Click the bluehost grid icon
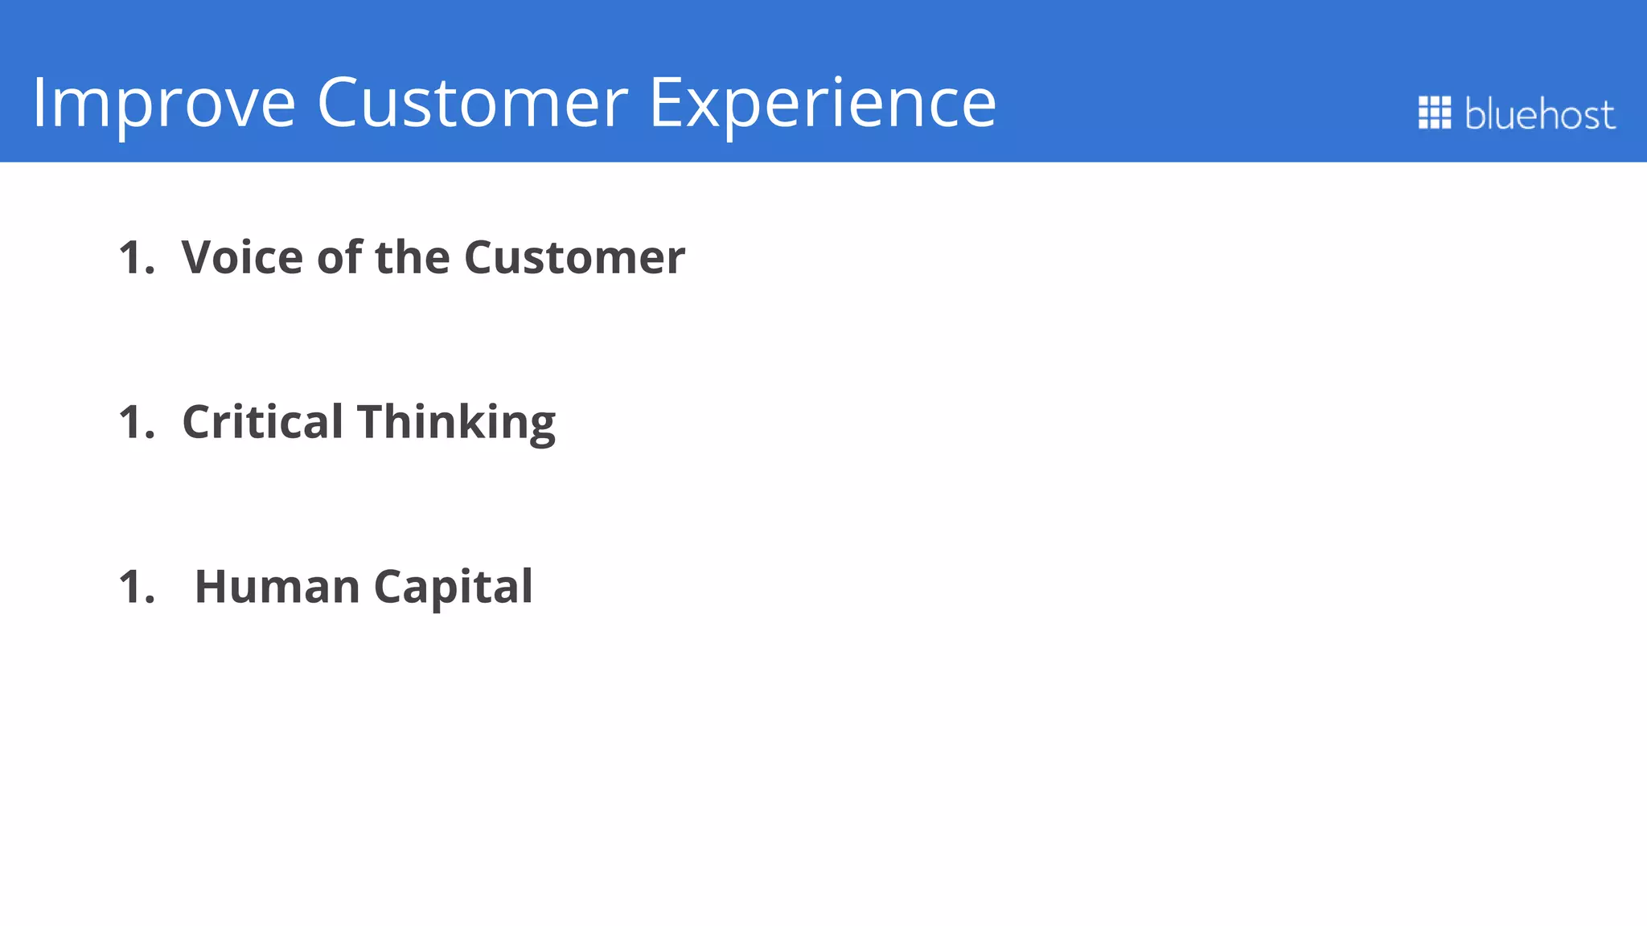pyautogui.click(x=1434, y=113)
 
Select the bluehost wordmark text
pyautogui.click(x=1538, y=113)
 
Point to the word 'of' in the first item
pyautogui.click(x=339, y=257)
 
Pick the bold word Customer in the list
pyautogui.click(x=574, y=257)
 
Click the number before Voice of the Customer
pyautogui.click(x=134, y=258)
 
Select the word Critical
pyautogui.click(x=262, y=421)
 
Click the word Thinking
pyautogui.click(x=456, y=423)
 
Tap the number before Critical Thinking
pyautogui.click(x=134, y=422)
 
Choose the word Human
pyautogui.click(x=277, y=586)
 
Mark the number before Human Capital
pyautogui.click(x=134, y=587)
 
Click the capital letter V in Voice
pyautogui.click(x=198, y=257)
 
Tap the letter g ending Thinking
pyautogui.click(x=542, y=428)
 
